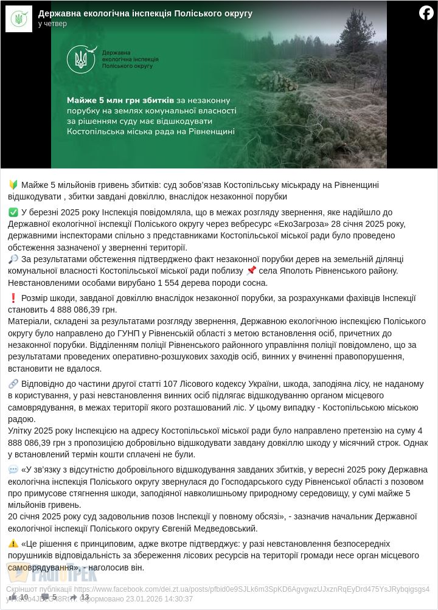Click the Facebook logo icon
pos(426,13)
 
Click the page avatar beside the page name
pos(18,18)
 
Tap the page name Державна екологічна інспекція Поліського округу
pos(145,13)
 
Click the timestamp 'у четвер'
pos(52,24)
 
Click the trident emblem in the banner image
pos(81,60)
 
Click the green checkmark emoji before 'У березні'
pos(13,212)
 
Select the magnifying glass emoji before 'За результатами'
pos(13,259)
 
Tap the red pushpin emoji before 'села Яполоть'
pos(251,271)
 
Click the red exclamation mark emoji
pos(13,298)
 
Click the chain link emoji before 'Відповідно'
pos(13,384)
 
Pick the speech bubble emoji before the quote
pos(13,470)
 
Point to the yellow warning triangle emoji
pos(13,544)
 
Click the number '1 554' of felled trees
pos(170,282)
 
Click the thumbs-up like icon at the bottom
pos(13,597)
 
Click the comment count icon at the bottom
pos(45,597)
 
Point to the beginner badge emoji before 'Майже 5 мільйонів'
pos(13,185)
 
